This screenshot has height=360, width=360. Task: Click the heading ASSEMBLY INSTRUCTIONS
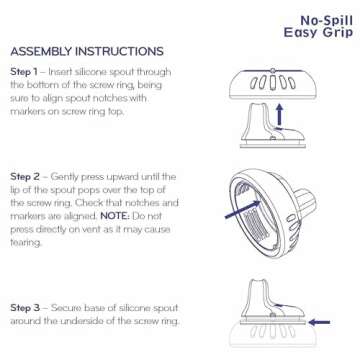click(x=87, y=52)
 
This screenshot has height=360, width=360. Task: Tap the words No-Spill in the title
click(x=327, y=21)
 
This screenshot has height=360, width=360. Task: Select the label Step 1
click(x=24, y=72)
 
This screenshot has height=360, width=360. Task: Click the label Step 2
click(x=25, y=177)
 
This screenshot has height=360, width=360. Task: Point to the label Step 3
click(x=25, y=308)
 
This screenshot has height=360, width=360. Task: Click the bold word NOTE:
click(x=115, y=216)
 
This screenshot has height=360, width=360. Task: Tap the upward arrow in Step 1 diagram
click(x=280, y=116)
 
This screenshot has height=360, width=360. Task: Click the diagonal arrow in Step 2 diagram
click(x=242, y=210)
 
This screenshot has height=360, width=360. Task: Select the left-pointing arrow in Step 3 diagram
click(x=319, y=322)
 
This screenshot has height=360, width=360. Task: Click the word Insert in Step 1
click(x=60, y=72)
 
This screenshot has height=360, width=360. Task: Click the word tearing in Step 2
click(x=26, y=243)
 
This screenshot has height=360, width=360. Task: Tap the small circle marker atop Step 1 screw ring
click(x=273, y=71)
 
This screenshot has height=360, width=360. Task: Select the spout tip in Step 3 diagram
click(x=259, y=282)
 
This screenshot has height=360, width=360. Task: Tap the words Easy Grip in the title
click(x=318, y=33)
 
